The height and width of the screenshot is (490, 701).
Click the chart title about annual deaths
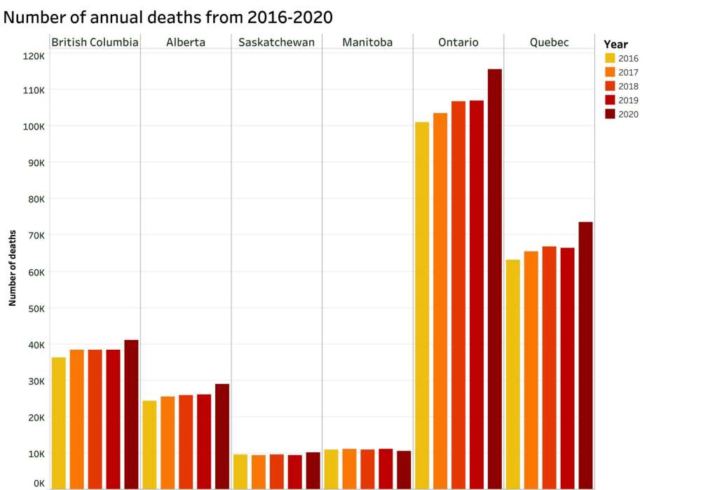coord(168,16)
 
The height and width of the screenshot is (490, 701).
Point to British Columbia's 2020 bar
coord(131,414)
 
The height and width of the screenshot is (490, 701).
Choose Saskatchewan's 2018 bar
coord(276,471)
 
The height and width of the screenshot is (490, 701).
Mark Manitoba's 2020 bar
coord(404,470)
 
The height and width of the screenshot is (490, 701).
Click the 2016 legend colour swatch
coord(610,58)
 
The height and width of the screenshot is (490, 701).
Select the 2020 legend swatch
coord(610,114)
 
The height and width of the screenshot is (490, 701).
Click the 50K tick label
coord(35,308)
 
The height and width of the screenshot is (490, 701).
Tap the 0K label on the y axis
coord(38,484)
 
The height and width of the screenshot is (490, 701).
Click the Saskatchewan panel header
coord(276,43)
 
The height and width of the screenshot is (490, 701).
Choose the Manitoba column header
coord(367,43)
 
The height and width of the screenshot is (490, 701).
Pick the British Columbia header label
coord(95,43)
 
